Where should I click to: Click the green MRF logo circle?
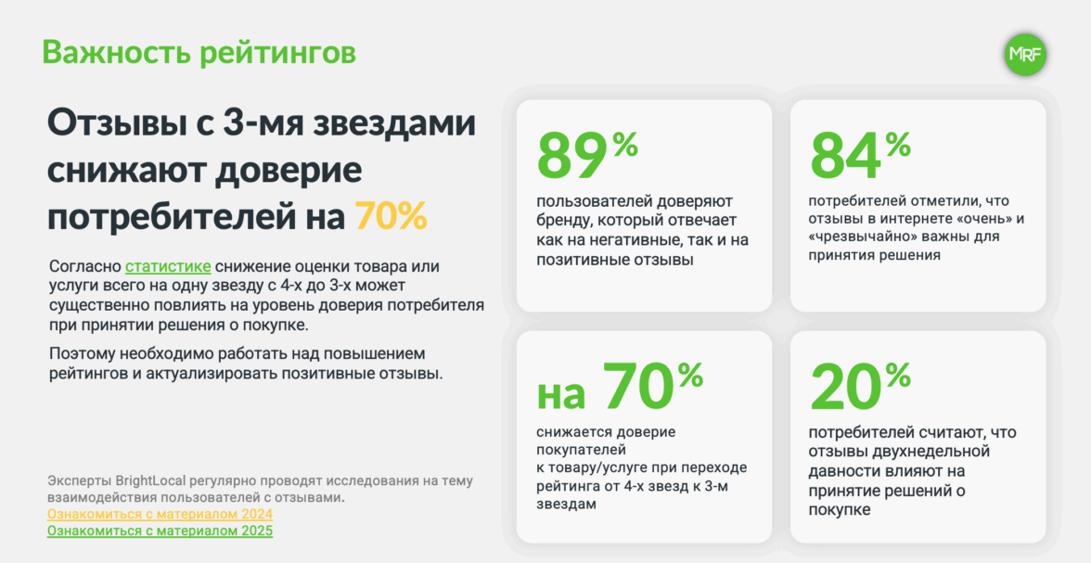pyautogui.click(x=1025, y=55)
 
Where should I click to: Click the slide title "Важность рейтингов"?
pyautogui.click(x=199, y=52)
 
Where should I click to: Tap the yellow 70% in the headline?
pyautogui.click(x=391, y=216)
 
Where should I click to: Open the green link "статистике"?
pyautogui.click(x=168, y=266)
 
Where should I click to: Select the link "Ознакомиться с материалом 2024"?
pyautogui.click(x=160, y=514)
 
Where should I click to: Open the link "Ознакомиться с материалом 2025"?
pyautogui.click(x=160, y=531)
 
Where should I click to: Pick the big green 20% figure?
pyautogui.click(x=860, y=386)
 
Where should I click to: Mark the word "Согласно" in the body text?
pyautogui.click(x=85, y=266)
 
